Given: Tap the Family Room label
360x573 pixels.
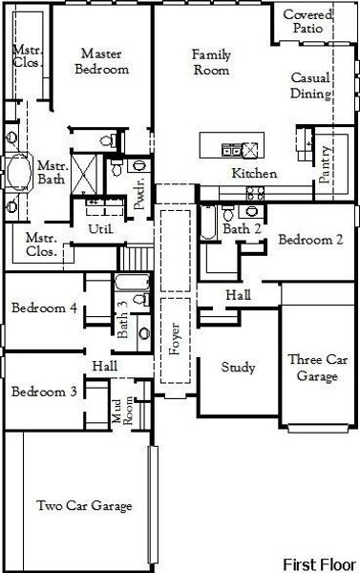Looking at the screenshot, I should (x=211, y=62).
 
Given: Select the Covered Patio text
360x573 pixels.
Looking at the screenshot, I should (x=307, y=22).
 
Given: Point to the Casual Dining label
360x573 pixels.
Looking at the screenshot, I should (x=311, y=86).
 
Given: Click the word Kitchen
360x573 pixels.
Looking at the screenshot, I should (x=254, y=174).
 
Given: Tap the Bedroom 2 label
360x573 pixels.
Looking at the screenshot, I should (x=310, y=240).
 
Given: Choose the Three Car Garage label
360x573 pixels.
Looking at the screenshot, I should (x=313, y=368).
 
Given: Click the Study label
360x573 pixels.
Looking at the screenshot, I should (x=238, y=367).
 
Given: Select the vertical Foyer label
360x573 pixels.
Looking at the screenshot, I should (x=174, y=340).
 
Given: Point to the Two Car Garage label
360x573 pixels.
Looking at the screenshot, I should (x=83, y=505).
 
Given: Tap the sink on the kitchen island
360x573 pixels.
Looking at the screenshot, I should (x=231, y=148).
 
